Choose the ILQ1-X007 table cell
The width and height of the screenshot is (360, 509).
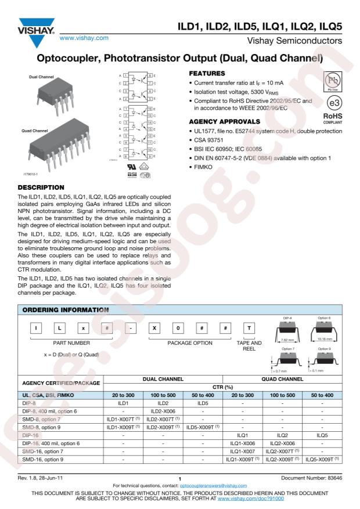click(x=243, y=450)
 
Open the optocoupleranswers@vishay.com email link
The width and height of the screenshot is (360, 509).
click(x=215, y=485)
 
